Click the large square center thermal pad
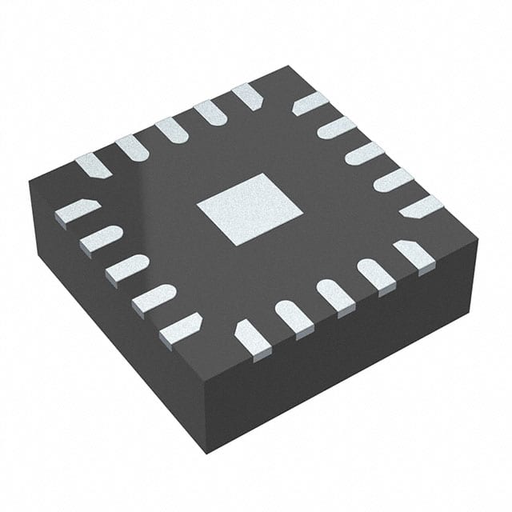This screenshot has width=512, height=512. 249,209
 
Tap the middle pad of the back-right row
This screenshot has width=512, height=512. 365,153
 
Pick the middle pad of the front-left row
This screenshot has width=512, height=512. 127,268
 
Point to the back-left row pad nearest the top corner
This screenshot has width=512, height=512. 247,96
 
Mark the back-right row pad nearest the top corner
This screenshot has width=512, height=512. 310,103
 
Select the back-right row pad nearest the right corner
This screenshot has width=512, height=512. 421,206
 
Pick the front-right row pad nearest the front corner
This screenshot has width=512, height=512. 251,337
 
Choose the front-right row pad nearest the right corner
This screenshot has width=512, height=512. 415,254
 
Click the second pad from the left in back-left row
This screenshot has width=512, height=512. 132,146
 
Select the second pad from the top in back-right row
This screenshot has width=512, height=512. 337,127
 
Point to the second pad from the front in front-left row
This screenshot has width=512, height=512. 154,299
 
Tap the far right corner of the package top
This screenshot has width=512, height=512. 477,237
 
